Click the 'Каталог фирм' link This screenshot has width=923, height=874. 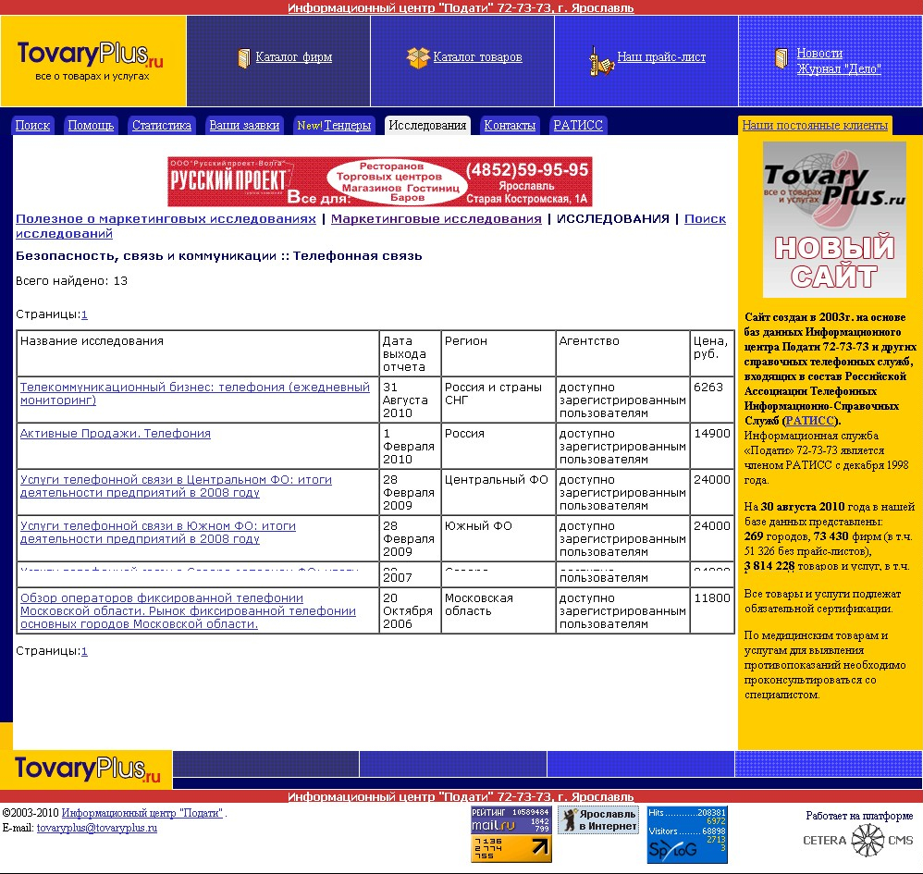tap(293, 57)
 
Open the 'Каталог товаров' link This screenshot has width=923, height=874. tap(477, 57)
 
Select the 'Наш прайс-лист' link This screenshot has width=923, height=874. tap(661, 57)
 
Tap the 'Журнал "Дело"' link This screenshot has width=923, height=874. tap(839, 69)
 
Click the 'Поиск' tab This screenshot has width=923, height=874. tap(32, 126)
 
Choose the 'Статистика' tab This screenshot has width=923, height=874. tap(162, 126)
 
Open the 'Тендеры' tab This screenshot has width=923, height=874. tap(334, 126)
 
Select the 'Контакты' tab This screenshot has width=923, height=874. tap(510, 126)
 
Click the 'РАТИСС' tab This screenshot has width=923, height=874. tap(577, 126)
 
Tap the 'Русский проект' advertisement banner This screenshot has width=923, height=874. tap(379, 181)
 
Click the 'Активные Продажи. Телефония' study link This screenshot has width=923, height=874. tap(116, 434)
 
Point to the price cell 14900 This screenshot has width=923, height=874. tap(711, 434)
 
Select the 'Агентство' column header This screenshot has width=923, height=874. tap(589, 341)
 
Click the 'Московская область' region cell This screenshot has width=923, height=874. tap(478, 605)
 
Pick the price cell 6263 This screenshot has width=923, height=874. tap(708, 388)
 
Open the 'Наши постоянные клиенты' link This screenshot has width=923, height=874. tap(815, 126)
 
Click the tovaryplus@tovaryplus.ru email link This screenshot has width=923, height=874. tap(97, 829)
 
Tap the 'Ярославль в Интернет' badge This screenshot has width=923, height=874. tap(597, 819)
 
